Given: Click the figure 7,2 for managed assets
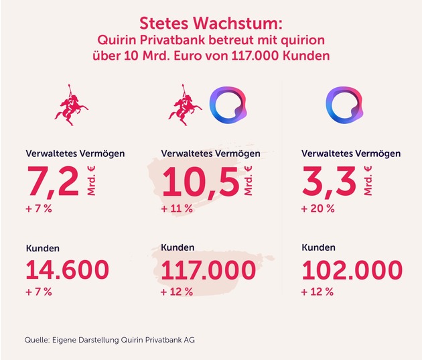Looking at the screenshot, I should coord(51,182).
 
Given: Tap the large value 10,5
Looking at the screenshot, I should coord(200,182).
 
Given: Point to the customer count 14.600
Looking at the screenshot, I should coord(67,269).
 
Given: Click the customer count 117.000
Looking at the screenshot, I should coord(208,269).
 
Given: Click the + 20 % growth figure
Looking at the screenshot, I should coord(318,208).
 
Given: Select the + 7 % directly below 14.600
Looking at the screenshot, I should coord(39,292).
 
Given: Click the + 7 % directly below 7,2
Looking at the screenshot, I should coord(39,208).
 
